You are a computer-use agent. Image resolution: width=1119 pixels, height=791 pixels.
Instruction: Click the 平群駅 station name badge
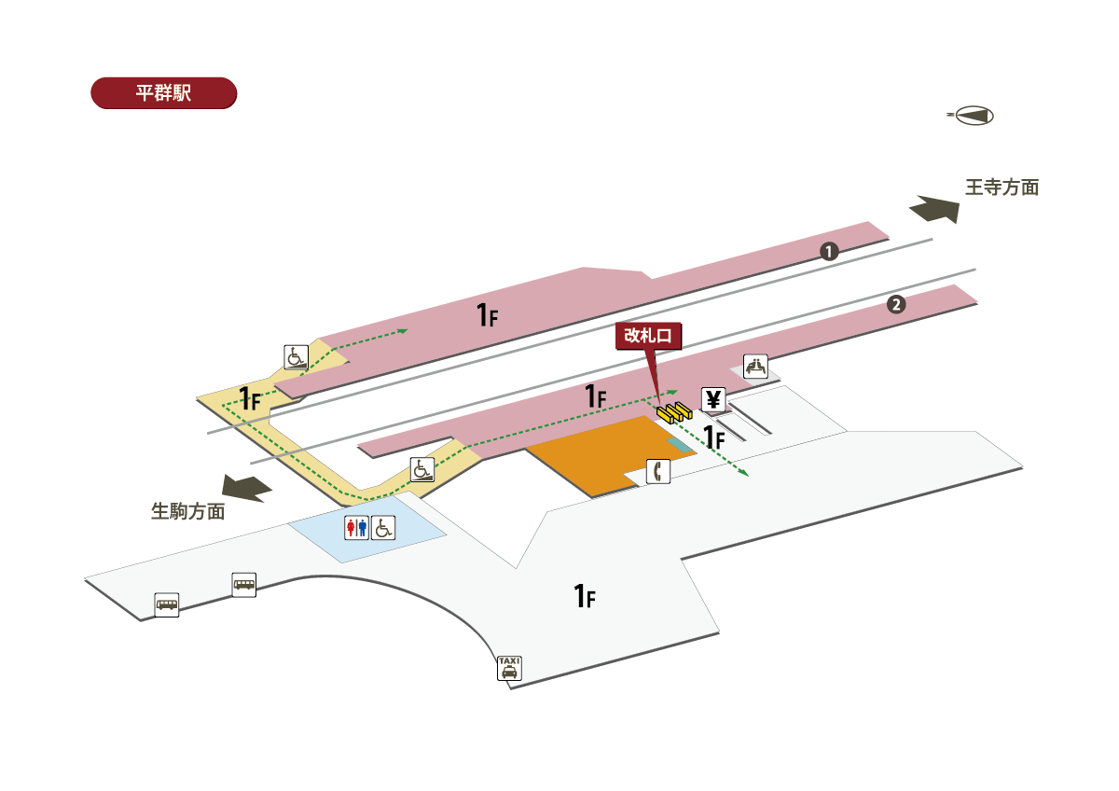(x=163, y=93)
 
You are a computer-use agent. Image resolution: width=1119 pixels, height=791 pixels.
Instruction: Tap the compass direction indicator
(x=972, y=116)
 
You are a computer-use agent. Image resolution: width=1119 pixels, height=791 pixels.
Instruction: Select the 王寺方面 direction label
(x=1002, y=187)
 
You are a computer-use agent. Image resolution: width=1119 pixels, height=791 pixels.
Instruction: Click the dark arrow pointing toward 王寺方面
(x=934, y=209)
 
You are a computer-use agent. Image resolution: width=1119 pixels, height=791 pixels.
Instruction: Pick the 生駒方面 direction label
(x=187, y=511)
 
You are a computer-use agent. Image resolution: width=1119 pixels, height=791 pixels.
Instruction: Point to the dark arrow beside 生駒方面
(x=246, y=487)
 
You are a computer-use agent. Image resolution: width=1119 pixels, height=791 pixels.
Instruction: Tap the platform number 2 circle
(x=895, y=304)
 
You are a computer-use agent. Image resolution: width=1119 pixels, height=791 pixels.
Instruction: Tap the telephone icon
(x=658, y=472)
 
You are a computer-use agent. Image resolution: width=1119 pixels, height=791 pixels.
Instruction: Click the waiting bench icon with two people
(x=755, y=367)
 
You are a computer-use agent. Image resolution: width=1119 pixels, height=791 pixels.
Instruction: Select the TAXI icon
(x=509, y=667)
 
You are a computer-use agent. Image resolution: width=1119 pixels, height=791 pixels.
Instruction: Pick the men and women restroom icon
(x=357, y=528)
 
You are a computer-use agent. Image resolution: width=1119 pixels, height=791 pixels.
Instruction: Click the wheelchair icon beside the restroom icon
(x=383, y=528)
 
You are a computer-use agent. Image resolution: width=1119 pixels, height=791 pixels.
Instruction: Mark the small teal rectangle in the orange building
(x=682, y=446)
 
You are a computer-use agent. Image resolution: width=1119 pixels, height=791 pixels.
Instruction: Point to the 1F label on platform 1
(x=488, y=315)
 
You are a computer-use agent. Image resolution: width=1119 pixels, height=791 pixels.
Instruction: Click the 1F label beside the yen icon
(x=715, y=436)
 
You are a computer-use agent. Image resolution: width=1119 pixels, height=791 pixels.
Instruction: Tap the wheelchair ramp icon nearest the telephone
(x=422, y=469)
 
